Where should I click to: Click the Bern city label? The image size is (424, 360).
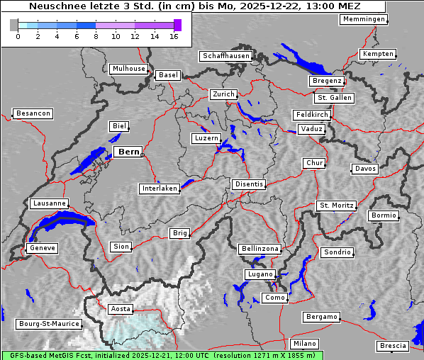[x=128, y=152]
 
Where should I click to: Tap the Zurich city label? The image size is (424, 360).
[x=223, y=94]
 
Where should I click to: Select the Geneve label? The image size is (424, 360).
[x=42, y=248]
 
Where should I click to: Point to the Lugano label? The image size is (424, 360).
[x=260, y=274]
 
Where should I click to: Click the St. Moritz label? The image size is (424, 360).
[x=336, y=206]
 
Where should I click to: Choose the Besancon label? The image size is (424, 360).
[x=33, y=113]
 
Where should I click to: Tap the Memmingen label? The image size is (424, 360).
[x=364, y=19]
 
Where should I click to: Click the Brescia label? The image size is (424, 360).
[x=393, y=346]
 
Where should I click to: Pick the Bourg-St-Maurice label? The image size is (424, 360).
[x=48, y=324]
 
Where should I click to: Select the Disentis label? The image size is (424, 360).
[x=249, y=184]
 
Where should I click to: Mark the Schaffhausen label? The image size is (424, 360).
[x=225, y=55]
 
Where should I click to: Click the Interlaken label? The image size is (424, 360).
[x=160, y=189]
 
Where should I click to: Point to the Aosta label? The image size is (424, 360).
[x=121, y=309]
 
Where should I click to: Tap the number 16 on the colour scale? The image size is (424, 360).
[x=174, y=36]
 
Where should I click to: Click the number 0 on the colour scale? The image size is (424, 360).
[x=18, y=36]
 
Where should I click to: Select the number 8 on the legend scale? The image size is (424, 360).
[x=96, y=36]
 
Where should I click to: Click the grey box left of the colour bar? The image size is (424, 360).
[x=13, y=25]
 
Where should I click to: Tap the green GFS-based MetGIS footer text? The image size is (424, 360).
[x=162, y=355]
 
